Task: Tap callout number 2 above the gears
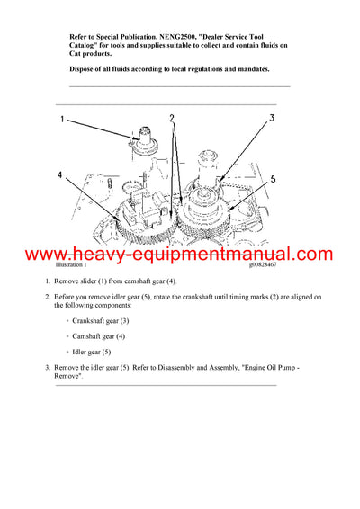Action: [171, 118]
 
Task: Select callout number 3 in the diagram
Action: [271, 119]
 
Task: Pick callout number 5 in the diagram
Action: [274, 180]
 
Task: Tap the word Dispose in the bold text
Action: [86, 70]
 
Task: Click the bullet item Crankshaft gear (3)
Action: [100, 320]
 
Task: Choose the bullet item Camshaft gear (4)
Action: [98, 335]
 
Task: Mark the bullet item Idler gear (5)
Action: [90, 352]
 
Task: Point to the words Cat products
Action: [91, 57]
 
